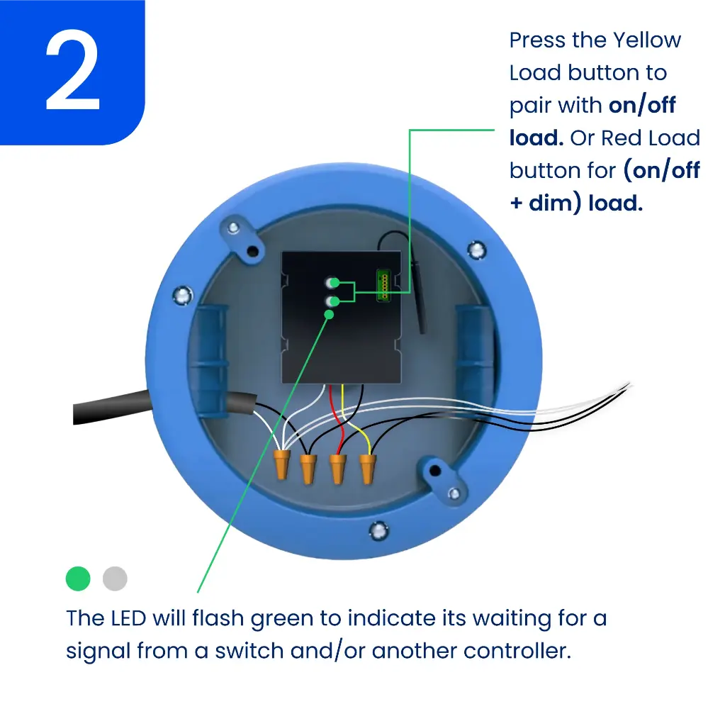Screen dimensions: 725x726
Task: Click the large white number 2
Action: [x=73, y=70]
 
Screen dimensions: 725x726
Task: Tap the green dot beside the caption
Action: [x=78, y=579]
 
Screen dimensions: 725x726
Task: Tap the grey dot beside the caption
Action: [x=115, y=579]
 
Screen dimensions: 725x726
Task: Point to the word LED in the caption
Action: [x=128, y=618]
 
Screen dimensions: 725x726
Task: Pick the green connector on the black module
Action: [x=384, y=285]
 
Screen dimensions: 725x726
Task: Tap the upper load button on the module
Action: [x=332, y=282]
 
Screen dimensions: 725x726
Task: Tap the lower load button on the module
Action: [x=332, y=301]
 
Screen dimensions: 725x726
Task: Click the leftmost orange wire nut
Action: [x=281, y=464]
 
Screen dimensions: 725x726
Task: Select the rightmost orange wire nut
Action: [x=368, y=469]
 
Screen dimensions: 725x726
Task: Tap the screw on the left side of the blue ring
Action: [x=182, y=295]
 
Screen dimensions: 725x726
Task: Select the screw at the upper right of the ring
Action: [x=476, y=250]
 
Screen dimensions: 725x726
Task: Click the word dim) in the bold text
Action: [x=555, y=203]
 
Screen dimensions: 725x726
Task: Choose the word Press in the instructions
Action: [x=537, y=40]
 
